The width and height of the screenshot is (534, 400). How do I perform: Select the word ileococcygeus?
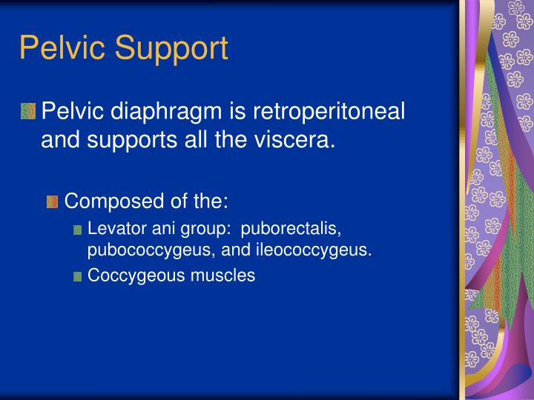click(312, 250)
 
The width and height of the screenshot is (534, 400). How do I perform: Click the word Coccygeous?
click(131, 276)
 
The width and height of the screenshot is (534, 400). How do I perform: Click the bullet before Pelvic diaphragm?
click(27, 112)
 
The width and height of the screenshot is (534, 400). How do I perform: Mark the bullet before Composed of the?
click(52, 201)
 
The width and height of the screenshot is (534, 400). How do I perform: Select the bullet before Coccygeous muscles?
click(78, 276)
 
